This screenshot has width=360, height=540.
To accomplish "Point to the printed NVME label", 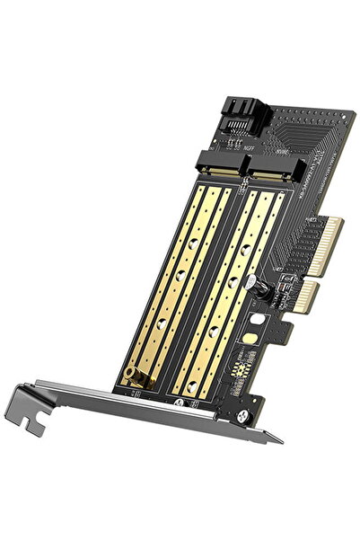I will point(276,164).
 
